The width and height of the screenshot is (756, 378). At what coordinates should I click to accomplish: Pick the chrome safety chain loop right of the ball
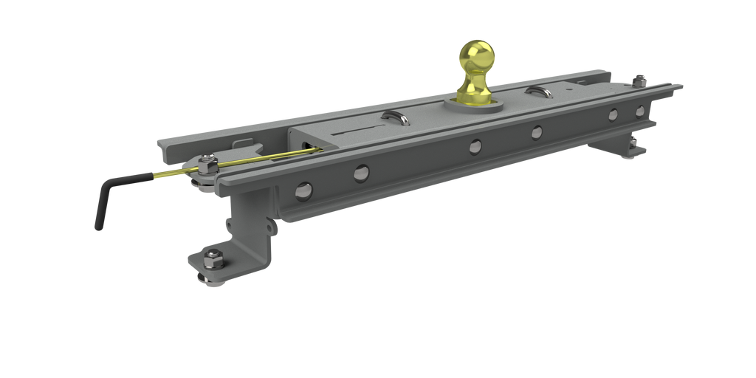(537, 91)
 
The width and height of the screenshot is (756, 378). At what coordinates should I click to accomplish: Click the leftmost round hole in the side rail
(302, 190)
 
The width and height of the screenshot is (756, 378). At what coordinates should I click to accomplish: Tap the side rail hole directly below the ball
(475, 145)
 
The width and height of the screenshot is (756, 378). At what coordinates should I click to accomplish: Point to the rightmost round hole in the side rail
(639, 111)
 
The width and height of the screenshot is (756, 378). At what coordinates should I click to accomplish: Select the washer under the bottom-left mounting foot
(203, 277)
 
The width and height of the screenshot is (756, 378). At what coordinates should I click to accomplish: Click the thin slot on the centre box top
(360, 132)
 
